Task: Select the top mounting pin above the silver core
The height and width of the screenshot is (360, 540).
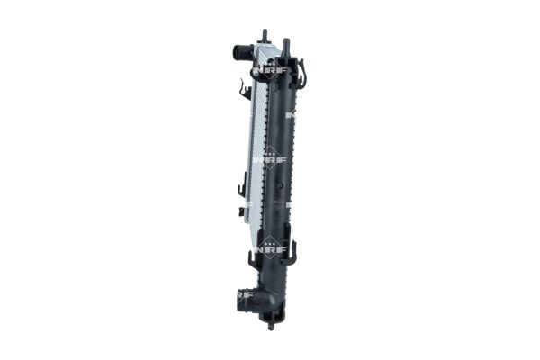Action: pos(265,37)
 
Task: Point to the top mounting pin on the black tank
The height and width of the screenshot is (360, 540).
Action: pos(285,44)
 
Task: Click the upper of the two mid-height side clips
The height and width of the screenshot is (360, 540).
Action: pos(243,188)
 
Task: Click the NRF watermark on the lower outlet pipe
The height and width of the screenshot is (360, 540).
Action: pos(245,293)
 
